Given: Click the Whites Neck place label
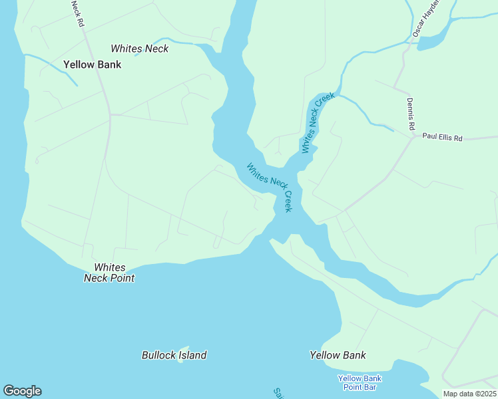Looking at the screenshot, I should [139, 49].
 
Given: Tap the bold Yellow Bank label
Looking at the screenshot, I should [92, 65].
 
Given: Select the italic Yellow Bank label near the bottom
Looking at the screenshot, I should [338, 355].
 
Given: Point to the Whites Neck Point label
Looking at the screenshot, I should [109, 273].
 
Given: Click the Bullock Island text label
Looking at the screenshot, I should [174, 355].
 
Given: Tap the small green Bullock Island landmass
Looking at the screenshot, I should [184, 348].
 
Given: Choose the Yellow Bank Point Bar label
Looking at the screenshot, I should [360, 382].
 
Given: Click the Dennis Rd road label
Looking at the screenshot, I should [411, 114].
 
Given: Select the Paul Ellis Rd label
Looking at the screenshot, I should [442, 138].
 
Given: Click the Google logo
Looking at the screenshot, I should [22, 391].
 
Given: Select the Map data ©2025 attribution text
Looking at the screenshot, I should [469, 394].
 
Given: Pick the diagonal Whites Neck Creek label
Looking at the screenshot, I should [269, 187].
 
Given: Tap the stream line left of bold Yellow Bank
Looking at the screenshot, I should [53, 66].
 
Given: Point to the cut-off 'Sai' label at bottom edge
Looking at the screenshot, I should [278, 394].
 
